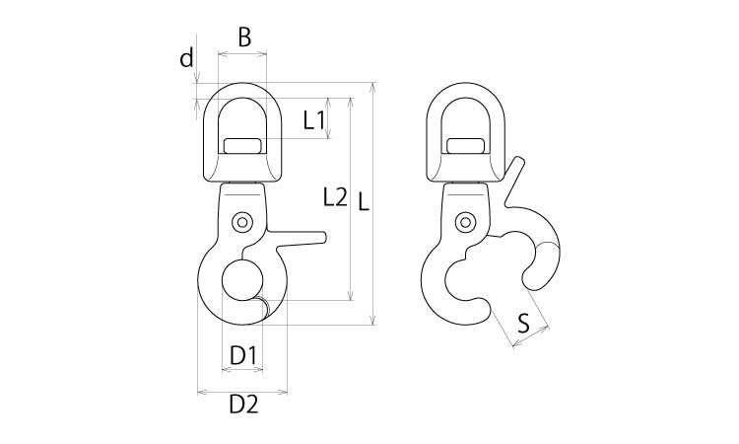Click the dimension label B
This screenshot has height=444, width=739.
(244, 37)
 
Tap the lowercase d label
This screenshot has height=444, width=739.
(187, 58)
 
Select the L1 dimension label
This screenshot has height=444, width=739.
(313, 119)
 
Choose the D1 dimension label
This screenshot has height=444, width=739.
(243, 355)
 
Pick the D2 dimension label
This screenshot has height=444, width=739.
(243, 405)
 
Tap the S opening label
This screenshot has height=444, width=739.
(522, 324)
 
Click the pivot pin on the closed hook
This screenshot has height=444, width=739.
(242, 222)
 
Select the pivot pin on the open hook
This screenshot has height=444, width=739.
(465, 222)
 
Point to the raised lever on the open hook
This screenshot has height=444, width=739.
(513, 181)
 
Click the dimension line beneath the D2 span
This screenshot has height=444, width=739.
(242, 391)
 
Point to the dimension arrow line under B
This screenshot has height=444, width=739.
(242, 54)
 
